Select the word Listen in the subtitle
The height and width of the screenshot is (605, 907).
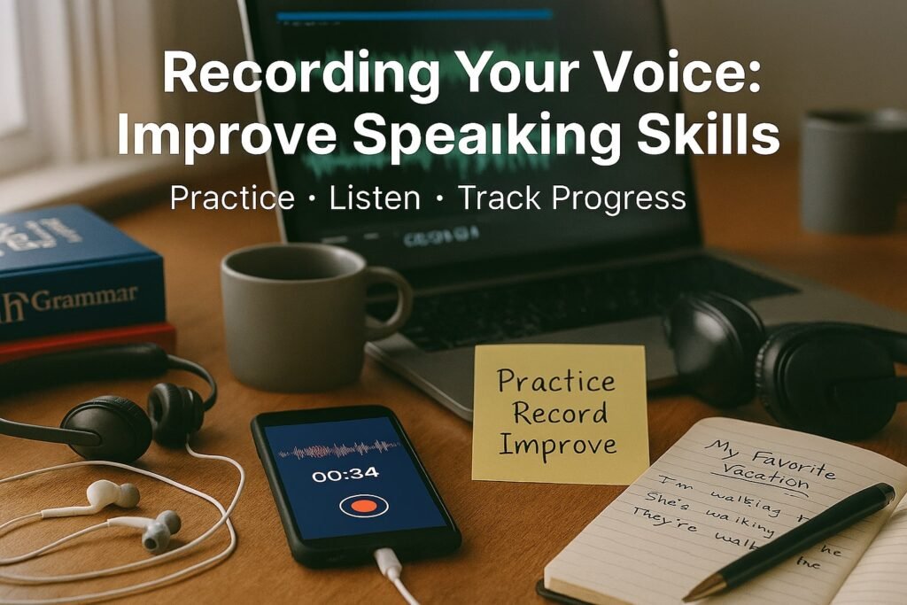[375, 198]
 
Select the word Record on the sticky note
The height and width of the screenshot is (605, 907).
[552, 413]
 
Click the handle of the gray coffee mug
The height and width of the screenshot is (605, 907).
[395, 301]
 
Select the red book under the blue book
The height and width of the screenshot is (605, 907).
[89, 340]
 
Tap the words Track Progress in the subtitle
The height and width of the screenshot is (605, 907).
[571, 198]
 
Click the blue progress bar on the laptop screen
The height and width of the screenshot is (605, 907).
[414, 15]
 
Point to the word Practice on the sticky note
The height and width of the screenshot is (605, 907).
[555, 382]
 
